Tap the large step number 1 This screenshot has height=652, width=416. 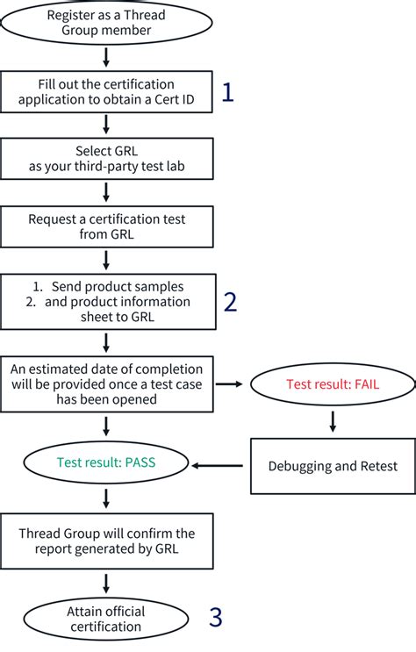tap(227, 92)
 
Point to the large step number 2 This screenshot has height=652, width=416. tap(230, 301)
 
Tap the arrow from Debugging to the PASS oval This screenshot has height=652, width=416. tap(219, 465)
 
